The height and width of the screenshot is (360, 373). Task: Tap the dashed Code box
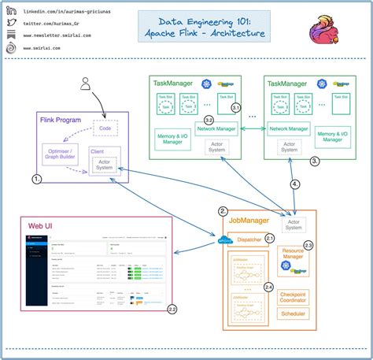104,127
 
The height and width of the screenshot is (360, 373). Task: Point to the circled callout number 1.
37,179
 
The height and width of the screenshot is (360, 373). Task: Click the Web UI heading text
40,226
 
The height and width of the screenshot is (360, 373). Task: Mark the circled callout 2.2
172,309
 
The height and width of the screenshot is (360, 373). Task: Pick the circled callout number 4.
296,184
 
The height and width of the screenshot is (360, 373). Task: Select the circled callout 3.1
235,107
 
